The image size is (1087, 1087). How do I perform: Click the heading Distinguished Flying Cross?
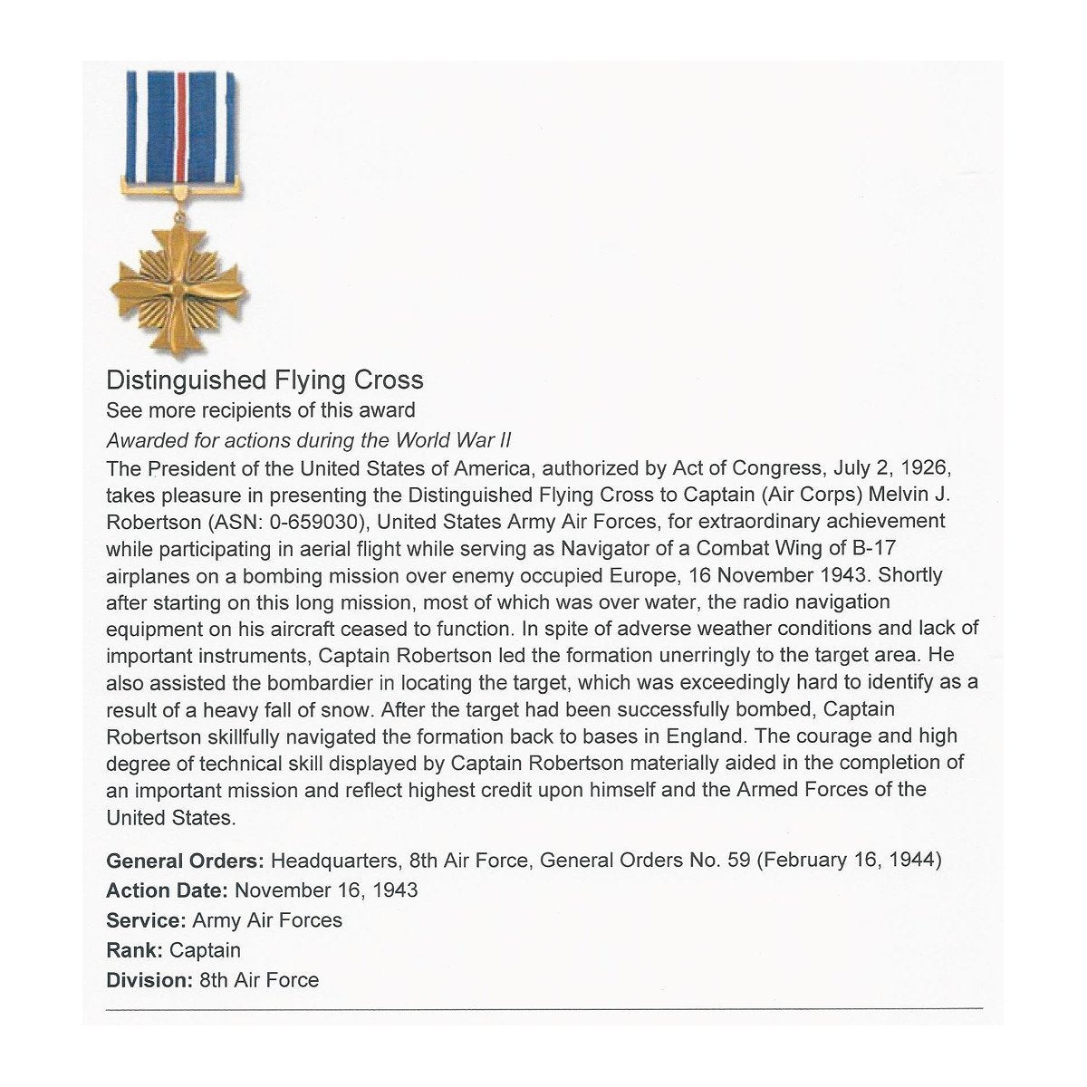click(x=265, y=379)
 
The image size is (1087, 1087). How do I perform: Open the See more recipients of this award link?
click(x=261, y=410)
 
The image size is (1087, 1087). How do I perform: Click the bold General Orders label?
click(x=186, y=860)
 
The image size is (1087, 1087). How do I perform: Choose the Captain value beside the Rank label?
click(x=205, y=950)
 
